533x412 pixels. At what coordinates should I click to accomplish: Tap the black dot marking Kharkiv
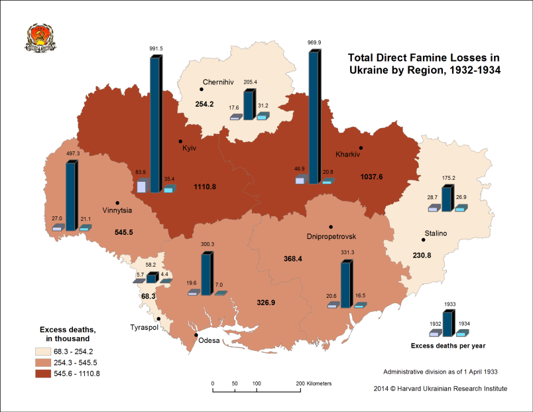[x=361, y=148]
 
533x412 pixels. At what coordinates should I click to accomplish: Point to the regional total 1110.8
[x=206, y=187]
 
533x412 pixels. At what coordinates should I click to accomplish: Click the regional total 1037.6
[x=373, y=177]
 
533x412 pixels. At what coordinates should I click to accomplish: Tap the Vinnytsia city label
[x=117, y=211]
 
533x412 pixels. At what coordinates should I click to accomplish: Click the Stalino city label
[x=436, y=233]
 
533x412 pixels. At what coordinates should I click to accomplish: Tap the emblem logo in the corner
[x=37, y=38]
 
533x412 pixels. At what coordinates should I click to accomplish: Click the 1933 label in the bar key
[x=449, y=305]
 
